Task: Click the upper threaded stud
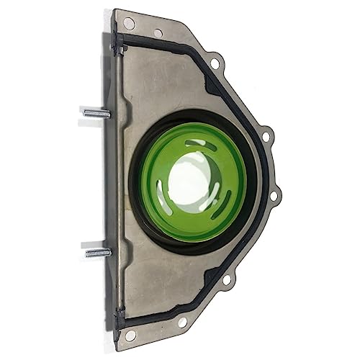point(95,113)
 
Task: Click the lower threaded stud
point(96,253)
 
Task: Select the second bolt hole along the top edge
point(158,32)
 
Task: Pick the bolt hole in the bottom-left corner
point(130,335)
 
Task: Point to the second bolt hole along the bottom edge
point(183,321)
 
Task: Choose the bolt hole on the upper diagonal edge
point(214,64)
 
